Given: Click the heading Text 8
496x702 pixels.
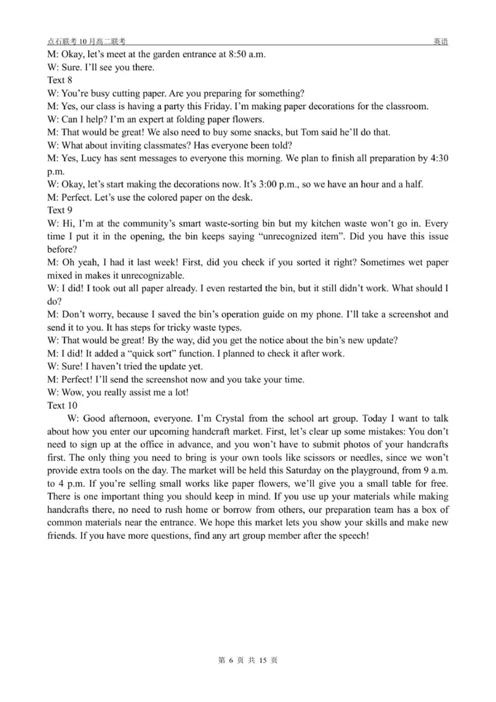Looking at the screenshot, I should (x=60, y=80).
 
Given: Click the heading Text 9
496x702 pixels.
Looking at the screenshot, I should (x=60, y=210).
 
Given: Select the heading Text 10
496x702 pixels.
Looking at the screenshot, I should (x=62, y=405).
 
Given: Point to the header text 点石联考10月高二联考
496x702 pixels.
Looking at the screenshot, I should (x=86, y=41).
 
